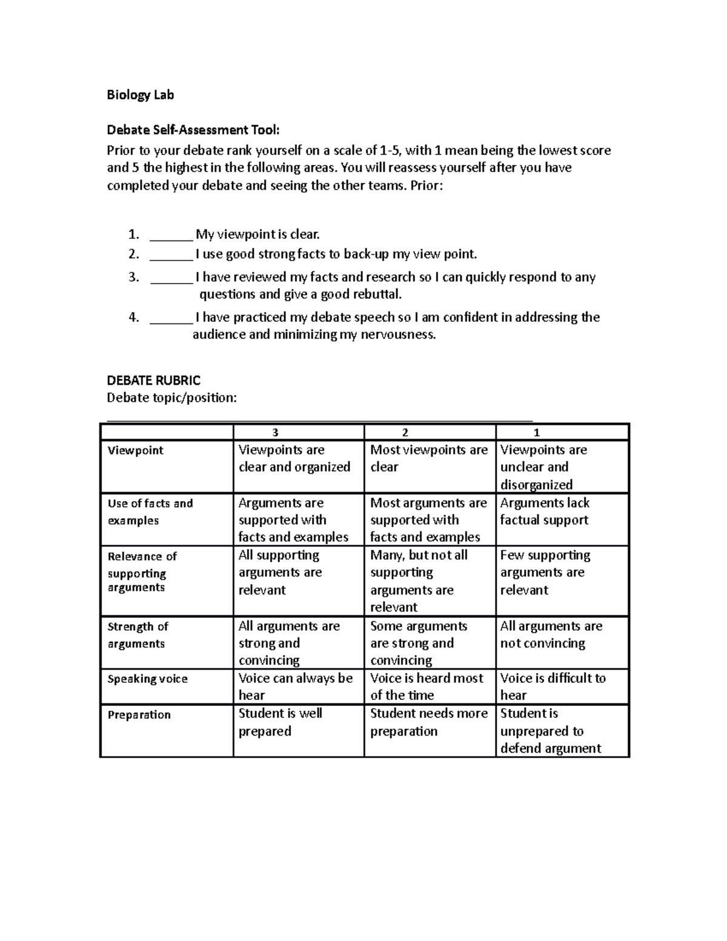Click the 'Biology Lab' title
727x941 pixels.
click(140, 95)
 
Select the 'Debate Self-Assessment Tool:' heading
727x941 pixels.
click(193, 130)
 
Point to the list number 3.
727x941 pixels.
click(134, 278)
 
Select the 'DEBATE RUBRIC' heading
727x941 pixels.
click(153, 381)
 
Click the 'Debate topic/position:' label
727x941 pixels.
click(171, 398)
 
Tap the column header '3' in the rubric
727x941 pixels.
click(275, 433)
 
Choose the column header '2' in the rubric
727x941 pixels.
click(405, 433)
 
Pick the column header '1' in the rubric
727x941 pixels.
click(536, 433)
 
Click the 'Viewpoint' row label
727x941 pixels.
click(135, 450)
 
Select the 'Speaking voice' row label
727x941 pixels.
click(147, 679)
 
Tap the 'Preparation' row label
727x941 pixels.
click(139, 715)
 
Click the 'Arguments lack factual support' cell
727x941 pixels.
click(545, 511)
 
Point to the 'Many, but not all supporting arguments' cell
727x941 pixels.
click(419, 580)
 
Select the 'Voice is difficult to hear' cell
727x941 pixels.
click(553, 687)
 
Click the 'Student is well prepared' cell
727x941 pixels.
click(280, 722)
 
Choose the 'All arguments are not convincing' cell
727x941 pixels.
click(551, 634)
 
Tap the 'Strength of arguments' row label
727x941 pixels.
click(138, 635)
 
